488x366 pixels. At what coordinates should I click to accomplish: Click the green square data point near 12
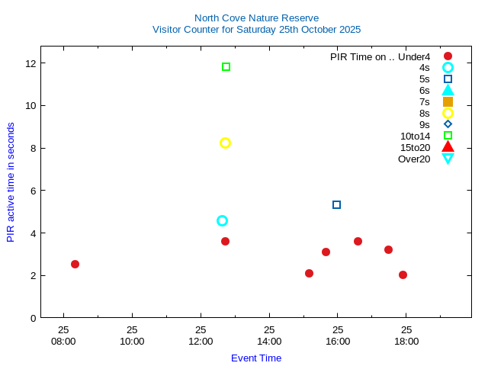tap(226, 67)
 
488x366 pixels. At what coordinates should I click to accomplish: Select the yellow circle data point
tap(225, 143)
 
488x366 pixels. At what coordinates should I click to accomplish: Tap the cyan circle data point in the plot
tap(222, 220)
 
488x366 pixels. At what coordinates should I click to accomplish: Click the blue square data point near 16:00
tap(336, 204)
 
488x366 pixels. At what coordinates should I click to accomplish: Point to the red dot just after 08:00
tap(75, 264)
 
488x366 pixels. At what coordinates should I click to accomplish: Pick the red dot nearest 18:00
tap(403, 274)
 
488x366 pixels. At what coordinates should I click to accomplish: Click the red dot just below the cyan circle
tap(225, 241)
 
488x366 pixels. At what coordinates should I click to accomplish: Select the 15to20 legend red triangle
tap(448, 147)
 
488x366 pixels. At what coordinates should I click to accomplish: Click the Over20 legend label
tap(414, 159)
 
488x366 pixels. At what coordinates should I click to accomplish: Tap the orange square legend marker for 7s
tap(448, 101)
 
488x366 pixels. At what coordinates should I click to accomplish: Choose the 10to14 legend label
tap(415, 136)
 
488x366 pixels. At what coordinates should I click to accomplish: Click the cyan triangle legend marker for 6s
tap(448, 90)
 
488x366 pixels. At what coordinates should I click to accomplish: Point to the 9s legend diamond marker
tap(448, 124)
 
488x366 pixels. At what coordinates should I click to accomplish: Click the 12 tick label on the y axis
tap(30, 63)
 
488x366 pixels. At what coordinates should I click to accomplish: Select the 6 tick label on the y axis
tap(33, 190)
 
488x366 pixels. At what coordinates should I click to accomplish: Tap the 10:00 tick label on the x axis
tap(132, 341)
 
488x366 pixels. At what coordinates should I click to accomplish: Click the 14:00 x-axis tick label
tap(269, 341)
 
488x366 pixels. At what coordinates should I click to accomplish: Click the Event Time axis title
tap(256, 358)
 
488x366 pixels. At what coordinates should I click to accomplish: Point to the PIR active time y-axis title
tap(11, 181)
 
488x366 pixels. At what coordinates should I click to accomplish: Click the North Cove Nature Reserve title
tap(256, 18)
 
